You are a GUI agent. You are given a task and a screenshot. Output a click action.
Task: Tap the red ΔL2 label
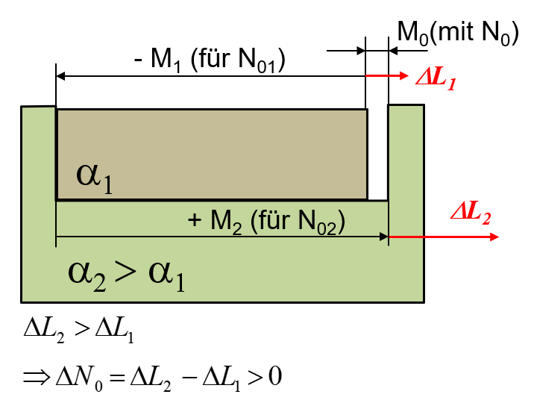(471, 216)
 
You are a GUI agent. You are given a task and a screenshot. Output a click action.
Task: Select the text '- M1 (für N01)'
(210, 60)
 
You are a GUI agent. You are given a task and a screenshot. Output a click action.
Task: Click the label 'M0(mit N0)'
(457, 34)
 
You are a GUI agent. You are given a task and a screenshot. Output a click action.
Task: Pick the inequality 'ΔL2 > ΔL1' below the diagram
(78, 331)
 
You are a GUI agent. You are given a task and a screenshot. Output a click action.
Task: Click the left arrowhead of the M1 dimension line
(61, 75)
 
